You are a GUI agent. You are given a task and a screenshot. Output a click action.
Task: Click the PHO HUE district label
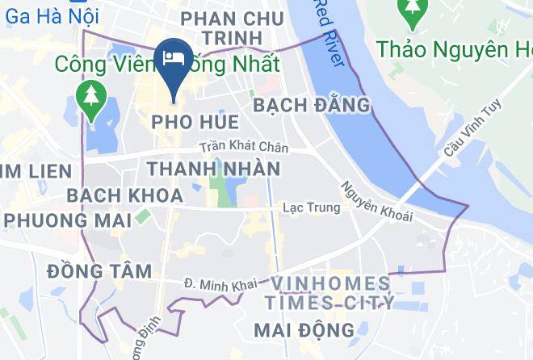click(x=195, y=123)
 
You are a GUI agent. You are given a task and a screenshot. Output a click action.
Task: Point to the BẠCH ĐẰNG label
click(x=311, y=105)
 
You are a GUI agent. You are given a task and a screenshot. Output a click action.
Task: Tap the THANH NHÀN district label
click(x=213, y=169)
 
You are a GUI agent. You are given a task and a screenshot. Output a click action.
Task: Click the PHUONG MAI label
click(x=59, y=220)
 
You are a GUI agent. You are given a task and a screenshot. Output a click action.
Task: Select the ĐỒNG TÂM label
click(x=99, y=271)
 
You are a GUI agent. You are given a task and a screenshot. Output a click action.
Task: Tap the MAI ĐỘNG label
click(x=304, y=330)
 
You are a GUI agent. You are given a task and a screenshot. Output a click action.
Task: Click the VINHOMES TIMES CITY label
click(x=332, y=293)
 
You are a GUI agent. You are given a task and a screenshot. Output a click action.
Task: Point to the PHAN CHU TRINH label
click(x=233, y=27)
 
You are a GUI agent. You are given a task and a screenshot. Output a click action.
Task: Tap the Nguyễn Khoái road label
click(x=376, y=200)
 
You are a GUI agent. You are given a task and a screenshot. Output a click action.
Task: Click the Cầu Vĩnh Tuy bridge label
click(x=461, y=130)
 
